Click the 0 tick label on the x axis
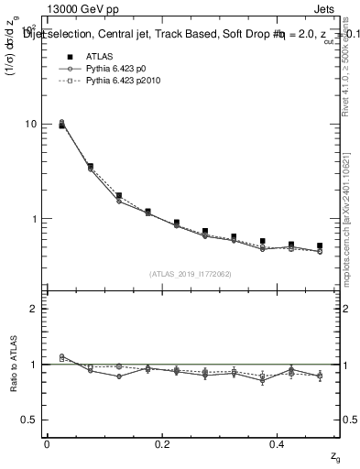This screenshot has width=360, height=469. [47, 444]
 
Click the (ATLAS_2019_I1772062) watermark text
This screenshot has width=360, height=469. [190, 274]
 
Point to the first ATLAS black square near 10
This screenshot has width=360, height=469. [61, 125]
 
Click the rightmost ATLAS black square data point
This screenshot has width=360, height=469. [320, 245]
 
